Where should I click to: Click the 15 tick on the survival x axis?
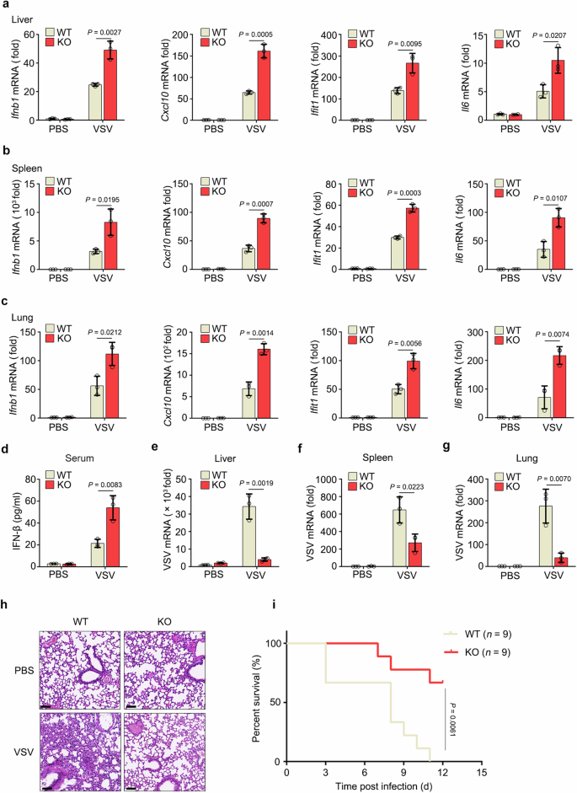coord(481,772)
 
